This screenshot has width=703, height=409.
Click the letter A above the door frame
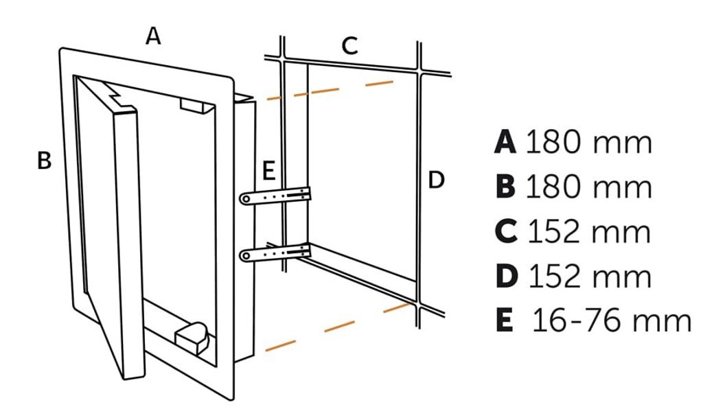pos(153,35)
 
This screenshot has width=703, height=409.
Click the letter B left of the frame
pos(44,161)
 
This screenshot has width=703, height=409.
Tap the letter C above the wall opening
pos(349,46)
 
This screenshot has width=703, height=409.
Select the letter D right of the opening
pos(436,180)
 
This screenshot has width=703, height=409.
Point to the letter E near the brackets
pos(268,171)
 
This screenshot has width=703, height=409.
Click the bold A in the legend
pos(505,142)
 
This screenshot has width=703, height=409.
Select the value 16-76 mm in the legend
pos(612,320)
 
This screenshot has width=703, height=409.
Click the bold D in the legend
pos(505,276)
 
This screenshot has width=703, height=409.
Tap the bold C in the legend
pos(505,232)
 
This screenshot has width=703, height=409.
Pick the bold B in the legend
pos(505,187)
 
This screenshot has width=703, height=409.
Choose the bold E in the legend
pos(505,320)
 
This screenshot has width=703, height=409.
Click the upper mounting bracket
pos(275,196)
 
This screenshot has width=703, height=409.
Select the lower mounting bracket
pos(275,254)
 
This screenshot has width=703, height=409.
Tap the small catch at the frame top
pos(196,104)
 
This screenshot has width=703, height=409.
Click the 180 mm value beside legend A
pos(588,142)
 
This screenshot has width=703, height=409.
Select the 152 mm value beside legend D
pos(589,276)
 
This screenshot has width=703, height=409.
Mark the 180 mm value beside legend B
pos(588,187)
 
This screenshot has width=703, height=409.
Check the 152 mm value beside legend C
pos(588,232)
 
